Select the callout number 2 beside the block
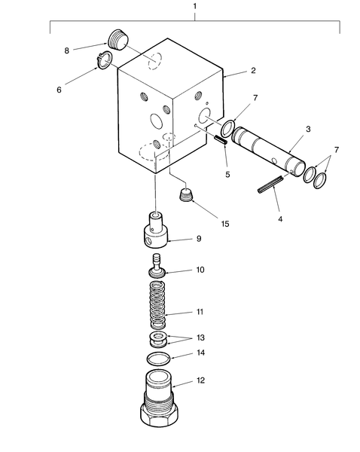[x=253, y=70]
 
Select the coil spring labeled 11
[x=157, y=309]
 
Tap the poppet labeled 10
[x=156, y=265]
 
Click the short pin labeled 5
[x=221, y=140]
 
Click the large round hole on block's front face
[x=156, y=120]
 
